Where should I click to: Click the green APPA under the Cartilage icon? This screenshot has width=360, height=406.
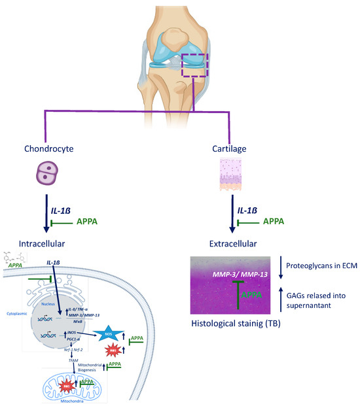pyautogui.click(x=274, y=222)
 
